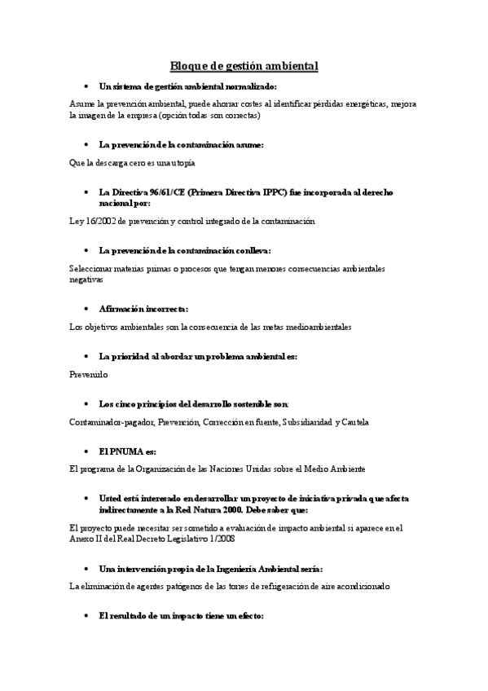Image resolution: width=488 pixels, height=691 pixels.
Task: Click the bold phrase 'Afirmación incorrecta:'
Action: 143,309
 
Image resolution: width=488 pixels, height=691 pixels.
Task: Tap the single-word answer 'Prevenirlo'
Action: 89,374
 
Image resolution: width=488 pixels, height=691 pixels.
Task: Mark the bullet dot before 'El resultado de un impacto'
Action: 86,616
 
